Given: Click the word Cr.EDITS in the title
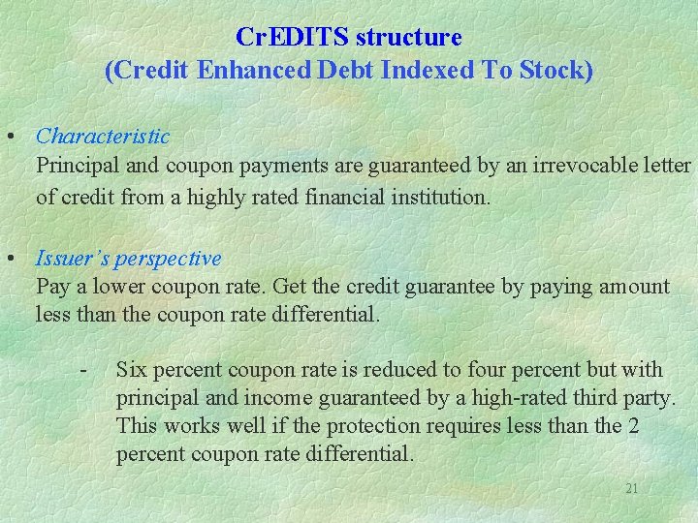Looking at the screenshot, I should point(293,38).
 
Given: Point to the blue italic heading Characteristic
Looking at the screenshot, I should point(103,137).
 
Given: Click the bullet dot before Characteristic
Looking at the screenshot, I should point(9,137).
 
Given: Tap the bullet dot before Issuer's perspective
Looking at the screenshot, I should point(9,259).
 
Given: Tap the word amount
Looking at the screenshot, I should point(635,287).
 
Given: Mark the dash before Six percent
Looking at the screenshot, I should point(85,370).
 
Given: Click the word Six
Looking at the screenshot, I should point(131,370).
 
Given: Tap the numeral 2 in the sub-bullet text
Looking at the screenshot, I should point(634,426).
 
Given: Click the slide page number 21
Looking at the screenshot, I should point(631,489).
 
